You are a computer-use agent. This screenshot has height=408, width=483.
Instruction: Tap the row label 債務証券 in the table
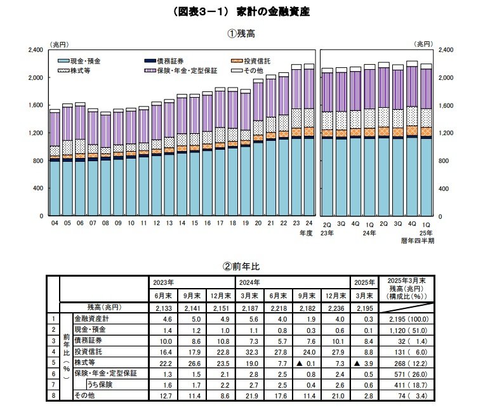pos(91,339)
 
